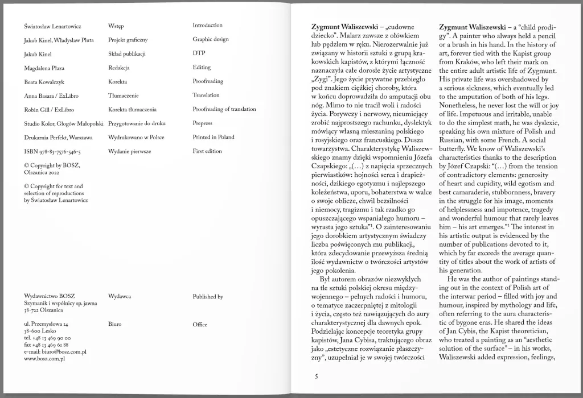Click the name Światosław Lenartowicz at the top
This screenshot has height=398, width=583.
click(x=53, y=27)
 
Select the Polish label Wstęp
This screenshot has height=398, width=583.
click(x=116, y=26)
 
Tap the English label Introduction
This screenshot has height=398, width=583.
click(x=207, y=26)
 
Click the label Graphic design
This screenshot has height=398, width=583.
click(x=211, y=39)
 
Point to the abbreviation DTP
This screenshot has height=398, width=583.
click(x=199, y=53)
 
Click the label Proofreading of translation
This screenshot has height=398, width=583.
click(x=224, y=109)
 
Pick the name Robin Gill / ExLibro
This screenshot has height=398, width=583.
click(x=50, y=110)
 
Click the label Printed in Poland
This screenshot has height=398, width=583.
click(x=214, y=137)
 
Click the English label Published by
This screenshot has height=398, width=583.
click(x=208, y=297)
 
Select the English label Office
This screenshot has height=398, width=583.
click(x=200, y=324)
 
